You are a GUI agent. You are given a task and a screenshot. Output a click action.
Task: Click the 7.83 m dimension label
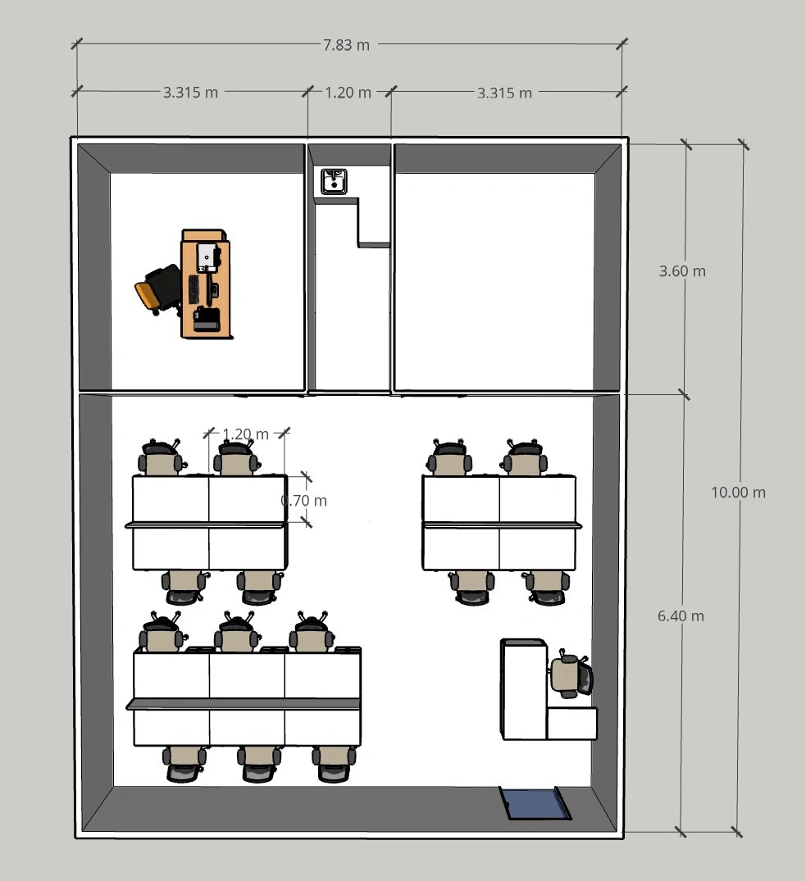pyautogui.click(x=346, y=45)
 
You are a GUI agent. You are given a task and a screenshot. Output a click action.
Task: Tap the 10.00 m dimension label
pyautogui.click(x=738, y=493)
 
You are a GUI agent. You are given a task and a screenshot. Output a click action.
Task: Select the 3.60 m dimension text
pyautogui.click(x=682, y=270)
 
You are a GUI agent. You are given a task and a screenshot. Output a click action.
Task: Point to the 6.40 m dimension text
pyautogui.click(x=681, y=615)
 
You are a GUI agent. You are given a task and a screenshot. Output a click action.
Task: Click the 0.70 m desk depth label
pyautogui.click(x=303, y=500)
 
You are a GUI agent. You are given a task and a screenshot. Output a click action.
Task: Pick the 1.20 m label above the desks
pyautogui.click(x=246, y=434)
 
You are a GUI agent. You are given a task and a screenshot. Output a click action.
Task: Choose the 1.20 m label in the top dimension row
pyautogui.click(x=348, y=92)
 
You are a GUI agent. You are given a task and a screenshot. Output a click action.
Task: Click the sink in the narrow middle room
pyautogui.click(x=334, y=181)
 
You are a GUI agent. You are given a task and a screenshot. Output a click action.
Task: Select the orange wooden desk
pyautogui.click(x=205, y=284)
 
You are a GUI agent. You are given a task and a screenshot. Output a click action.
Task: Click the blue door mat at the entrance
pyautogui.click(x=535, y=803)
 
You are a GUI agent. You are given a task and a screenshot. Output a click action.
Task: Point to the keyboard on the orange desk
pyautogui.click(x=194, y=292)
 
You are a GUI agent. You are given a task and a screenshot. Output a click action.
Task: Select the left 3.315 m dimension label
pyautogui.click(x=190, y=92)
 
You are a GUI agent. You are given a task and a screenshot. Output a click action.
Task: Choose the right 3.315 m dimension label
pyautogui.click(x=505, y=93)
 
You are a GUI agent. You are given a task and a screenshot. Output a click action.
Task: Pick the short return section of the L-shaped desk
pyautogui.click(x=571, y=724)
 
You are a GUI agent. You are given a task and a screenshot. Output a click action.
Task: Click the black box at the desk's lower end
pyautogui.click(x=207, y=320)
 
